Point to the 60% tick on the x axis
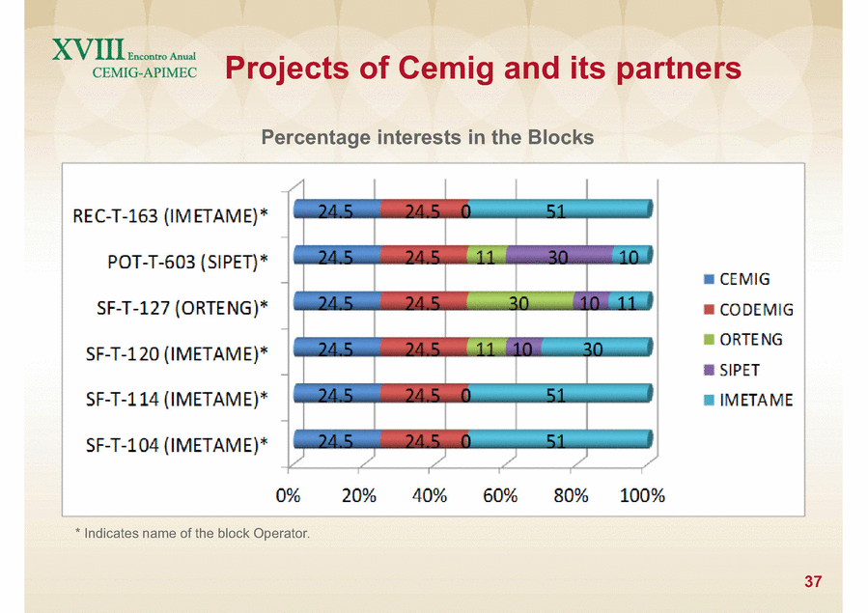tap(500, 495)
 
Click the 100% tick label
tap(642, 495)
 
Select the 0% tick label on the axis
tap(288, 495)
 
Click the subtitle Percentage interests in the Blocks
tap(428, 137)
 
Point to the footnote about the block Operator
tap(193, 534)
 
